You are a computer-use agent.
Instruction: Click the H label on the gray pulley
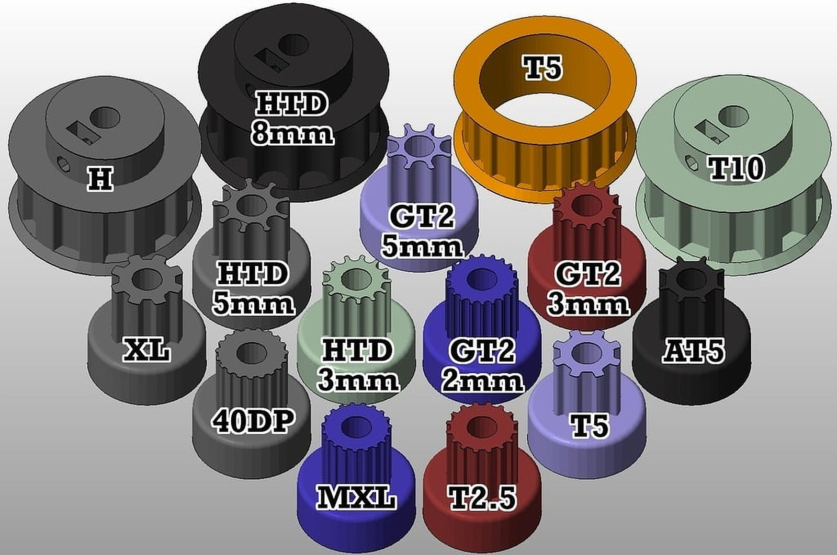click(x=100, y=179)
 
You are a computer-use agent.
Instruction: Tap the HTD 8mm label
click(x=292, y=118)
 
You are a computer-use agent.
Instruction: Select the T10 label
click(x=736, y=168)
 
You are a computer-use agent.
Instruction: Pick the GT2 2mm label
click(x=482, y=365)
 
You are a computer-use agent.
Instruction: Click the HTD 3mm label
click(x=358, y=365)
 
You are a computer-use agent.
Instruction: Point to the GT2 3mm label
click(x=587, y=288)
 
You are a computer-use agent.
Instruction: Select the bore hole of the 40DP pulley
click(x=250, y=353)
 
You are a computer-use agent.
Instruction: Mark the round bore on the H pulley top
click(x=105, y=117)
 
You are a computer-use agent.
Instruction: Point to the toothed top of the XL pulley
click(x=147, y=280)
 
